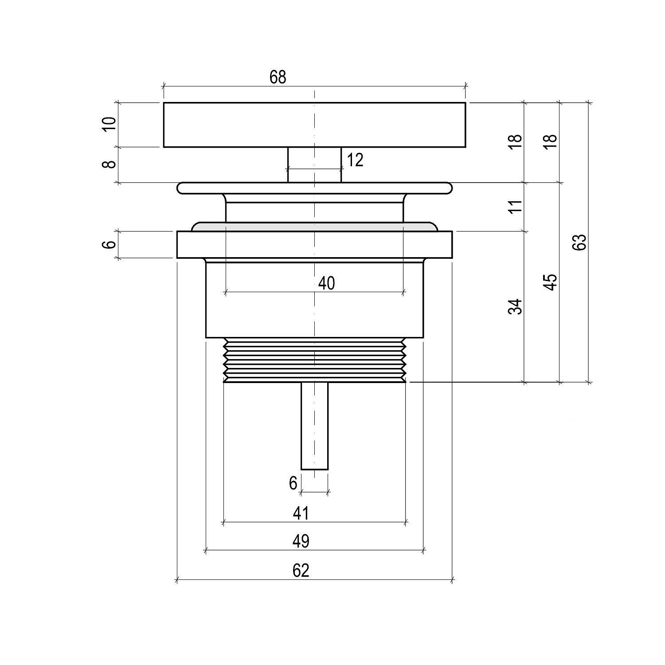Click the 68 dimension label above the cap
[278, 77]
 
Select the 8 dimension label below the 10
[109, 164]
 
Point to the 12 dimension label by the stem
[355, 160]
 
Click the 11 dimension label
[515, 207]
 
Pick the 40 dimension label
[327, 283]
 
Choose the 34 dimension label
[515, 307]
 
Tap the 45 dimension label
[551, 282]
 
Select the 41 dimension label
[301, 513]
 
